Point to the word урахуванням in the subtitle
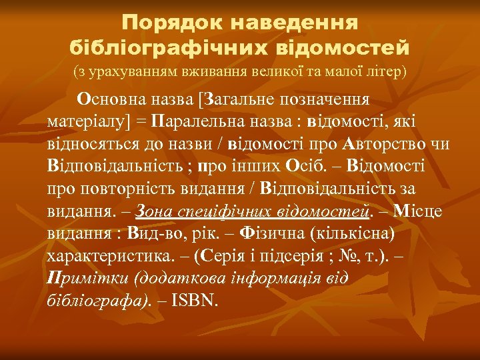[123, 70]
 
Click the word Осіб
[307, 165]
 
